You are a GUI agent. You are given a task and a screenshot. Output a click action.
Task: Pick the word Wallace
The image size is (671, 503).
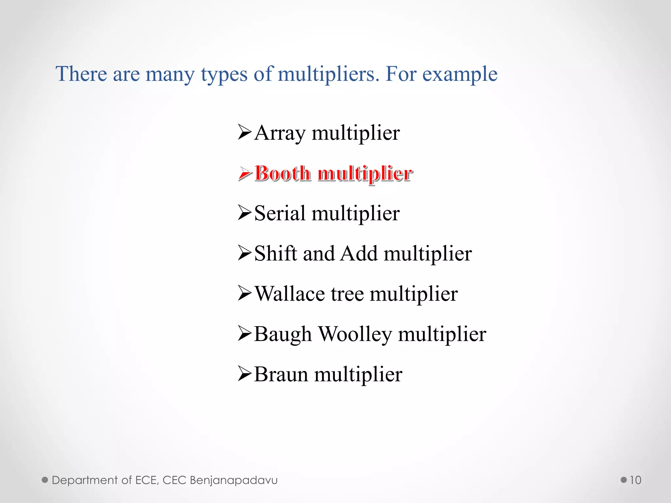click(290, 294)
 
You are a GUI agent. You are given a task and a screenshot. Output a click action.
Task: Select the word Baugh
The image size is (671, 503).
click(282, 334)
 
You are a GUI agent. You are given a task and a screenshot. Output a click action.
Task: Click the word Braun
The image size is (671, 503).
click(281, 374)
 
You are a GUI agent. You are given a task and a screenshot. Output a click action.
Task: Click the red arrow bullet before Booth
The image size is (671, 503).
click(245, 173)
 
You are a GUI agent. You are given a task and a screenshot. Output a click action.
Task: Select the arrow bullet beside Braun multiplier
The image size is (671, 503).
click(245, 374)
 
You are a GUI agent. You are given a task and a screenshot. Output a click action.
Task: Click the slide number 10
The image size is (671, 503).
click(635, 480)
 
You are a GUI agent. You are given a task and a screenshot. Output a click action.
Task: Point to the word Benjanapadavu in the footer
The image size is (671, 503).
click(234, 480)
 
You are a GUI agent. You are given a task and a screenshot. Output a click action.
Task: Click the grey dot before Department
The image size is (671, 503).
click(45, 480)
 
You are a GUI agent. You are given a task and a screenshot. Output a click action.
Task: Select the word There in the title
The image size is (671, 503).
click(81, 74)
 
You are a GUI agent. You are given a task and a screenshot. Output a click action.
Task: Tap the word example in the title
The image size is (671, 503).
click(460, 74)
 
